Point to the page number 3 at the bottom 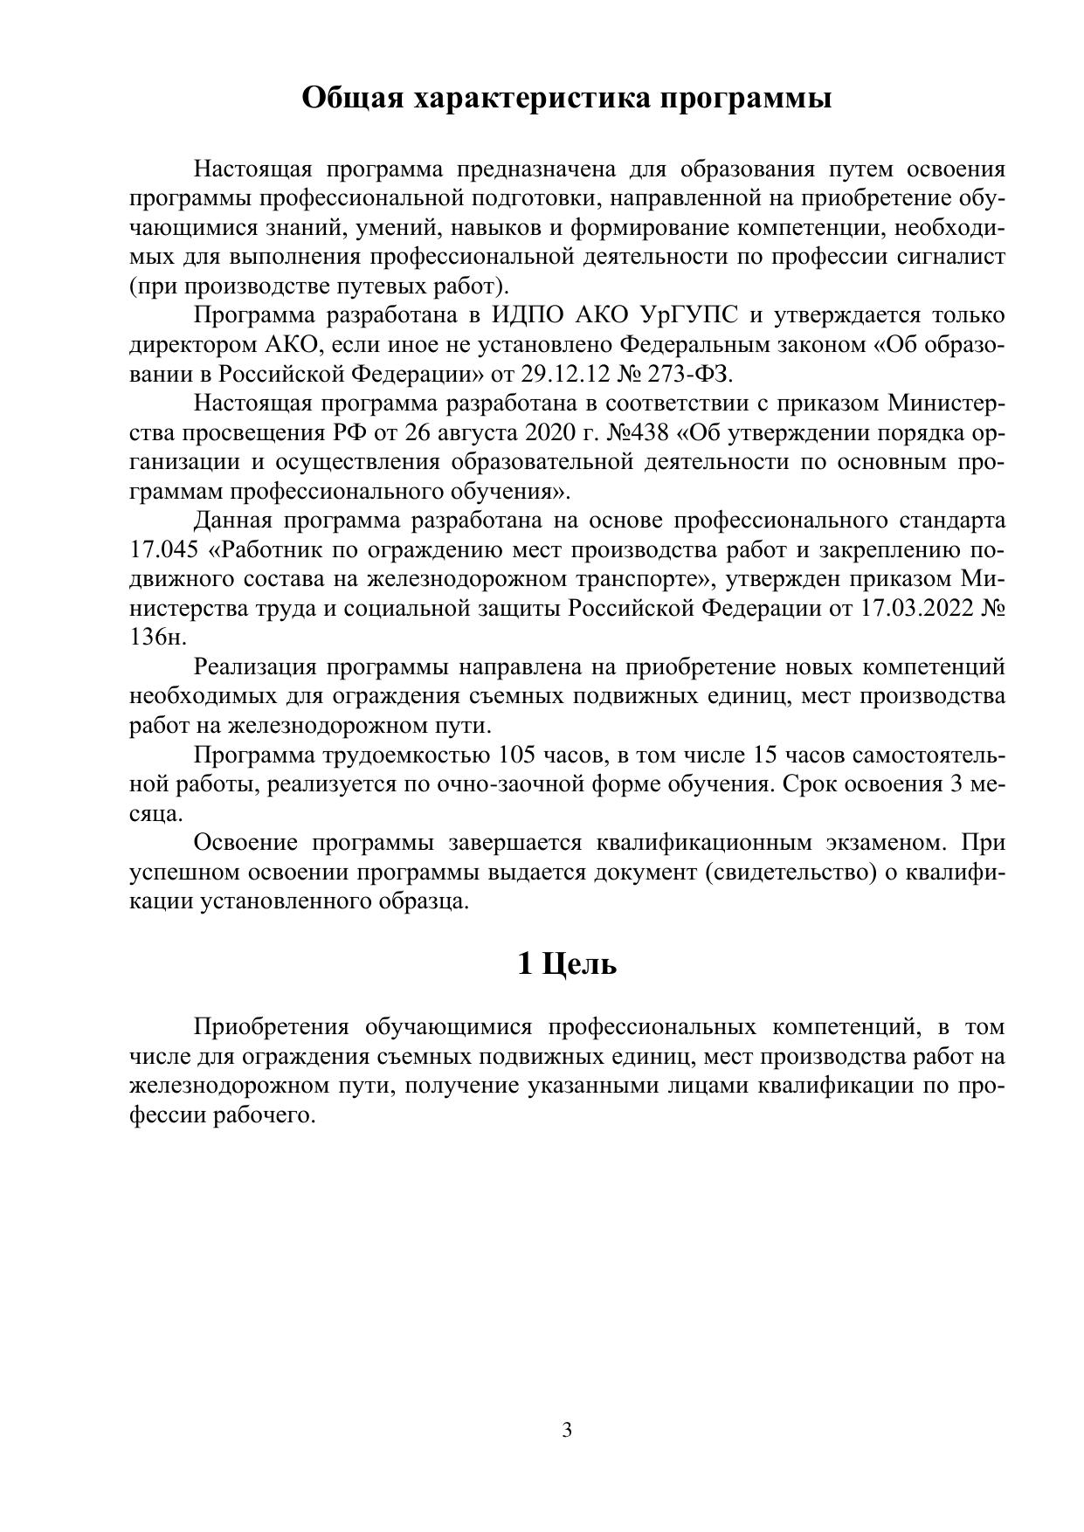tap(567, 1430)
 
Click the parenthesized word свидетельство tap(793, 873)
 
